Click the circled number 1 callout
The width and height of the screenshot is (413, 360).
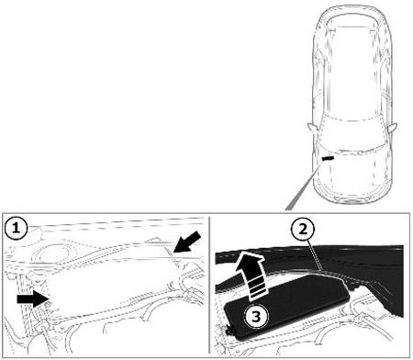(x=16, y=228)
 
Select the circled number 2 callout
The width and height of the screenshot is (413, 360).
(x=303, y=230)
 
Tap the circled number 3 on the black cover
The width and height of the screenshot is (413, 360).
(x=256, y=317)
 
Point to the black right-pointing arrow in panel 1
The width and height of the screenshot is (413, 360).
(x=33, y=298)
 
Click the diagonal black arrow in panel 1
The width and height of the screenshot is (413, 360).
(x=187, y=242)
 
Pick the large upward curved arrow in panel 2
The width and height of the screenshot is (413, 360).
(x=251, y=274)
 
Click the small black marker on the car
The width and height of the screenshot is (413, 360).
(x=328, y=158)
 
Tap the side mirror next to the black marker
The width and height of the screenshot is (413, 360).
(x=312, y=127)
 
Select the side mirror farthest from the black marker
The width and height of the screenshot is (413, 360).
(x=393, y=127)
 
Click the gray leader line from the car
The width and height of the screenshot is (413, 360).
(x=304, y=186)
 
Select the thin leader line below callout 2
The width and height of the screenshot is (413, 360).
(x=315, y=256)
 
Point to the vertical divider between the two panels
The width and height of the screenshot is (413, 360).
(x=209, y=286)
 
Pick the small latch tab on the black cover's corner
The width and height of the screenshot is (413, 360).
(x=229, y=331)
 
